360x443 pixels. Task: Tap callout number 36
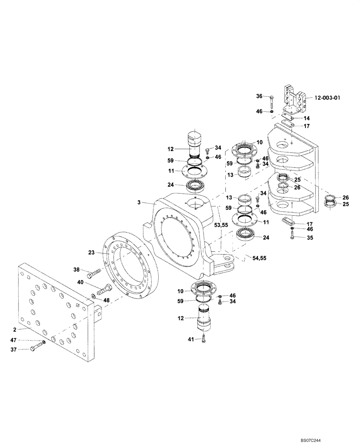[x=259, y=96]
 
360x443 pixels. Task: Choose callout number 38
[x=77, y=269]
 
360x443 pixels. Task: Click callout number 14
[x=306, y=118]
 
